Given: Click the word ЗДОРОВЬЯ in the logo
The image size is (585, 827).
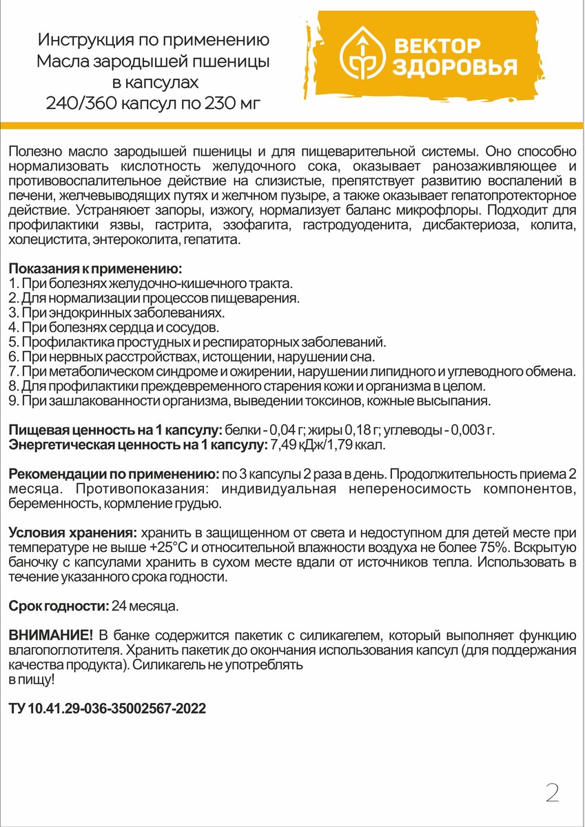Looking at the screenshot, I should (455, 68).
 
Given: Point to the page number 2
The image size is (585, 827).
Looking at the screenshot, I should (552, 793).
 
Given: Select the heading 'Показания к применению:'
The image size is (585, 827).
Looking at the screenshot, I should (95, 268).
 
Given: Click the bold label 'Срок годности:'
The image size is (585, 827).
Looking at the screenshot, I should (59, 606).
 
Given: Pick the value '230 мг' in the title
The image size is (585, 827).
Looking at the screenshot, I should (234, 104).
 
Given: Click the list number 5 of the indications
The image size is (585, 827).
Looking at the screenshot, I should (13, 342).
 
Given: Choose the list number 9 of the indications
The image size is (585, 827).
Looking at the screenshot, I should (13, 400).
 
